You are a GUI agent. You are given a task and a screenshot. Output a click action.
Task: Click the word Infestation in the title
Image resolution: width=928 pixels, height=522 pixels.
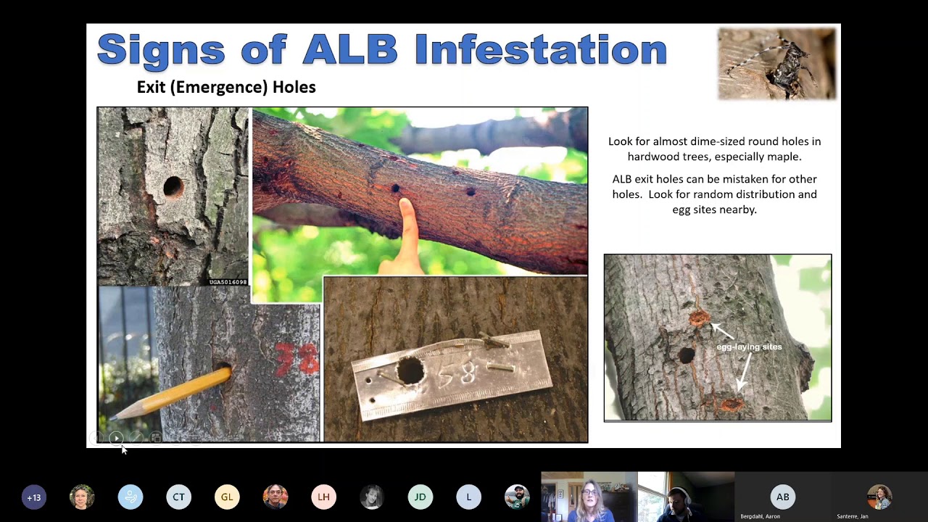coord(540,49)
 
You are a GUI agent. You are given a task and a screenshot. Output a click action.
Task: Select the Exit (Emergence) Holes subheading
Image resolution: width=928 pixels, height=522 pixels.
coord(226,87)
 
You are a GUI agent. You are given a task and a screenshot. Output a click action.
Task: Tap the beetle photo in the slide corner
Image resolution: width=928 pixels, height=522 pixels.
coord(776,64)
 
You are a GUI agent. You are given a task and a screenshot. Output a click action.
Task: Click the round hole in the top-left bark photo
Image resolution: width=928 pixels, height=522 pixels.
coord(173,187)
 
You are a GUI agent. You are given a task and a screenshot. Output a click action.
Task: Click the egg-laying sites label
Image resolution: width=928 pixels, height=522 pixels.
coord(749,347)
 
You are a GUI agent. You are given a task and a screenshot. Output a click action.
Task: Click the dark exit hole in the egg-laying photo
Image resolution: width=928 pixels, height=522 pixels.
coord(686,356)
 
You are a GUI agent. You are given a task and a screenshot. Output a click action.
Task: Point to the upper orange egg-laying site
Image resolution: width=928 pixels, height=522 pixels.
coord(699,318)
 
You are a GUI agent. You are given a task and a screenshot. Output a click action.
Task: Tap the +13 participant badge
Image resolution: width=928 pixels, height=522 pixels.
coord(34,497)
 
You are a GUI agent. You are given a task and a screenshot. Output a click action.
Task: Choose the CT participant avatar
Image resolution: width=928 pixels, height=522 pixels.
coord(178,497)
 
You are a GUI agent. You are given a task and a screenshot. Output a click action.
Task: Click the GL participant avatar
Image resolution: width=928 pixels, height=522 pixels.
coord(227,497)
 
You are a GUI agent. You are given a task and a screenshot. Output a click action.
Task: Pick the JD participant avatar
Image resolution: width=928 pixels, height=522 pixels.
coord(420,497)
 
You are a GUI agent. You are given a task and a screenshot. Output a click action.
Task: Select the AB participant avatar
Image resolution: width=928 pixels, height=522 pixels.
coord(782,497)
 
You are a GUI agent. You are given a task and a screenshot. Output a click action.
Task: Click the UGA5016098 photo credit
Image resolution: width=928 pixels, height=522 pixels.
coord(228,282)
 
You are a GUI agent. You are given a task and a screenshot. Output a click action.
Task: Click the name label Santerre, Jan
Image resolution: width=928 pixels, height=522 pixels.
coord(853,516)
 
